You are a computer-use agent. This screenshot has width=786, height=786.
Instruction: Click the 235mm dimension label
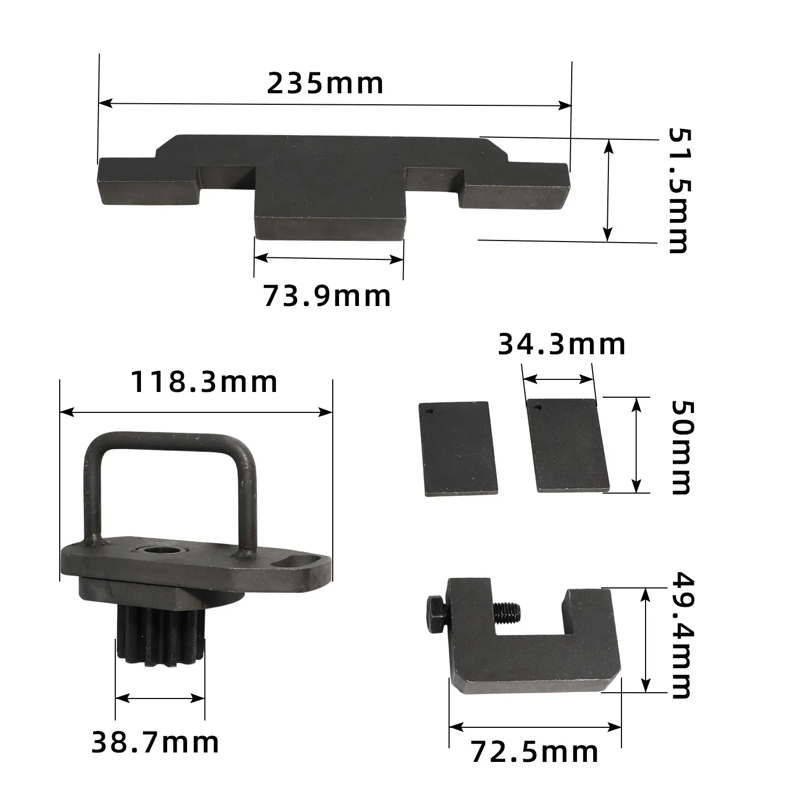click(325, 84)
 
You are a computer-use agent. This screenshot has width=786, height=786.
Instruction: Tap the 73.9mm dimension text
click(326, 296)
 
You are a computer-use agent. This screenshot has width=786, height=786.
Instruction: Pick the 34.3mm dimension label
click(561, 344)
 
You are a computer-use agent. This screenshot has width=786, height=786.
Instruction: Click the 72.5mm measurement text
click(534, 752)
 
